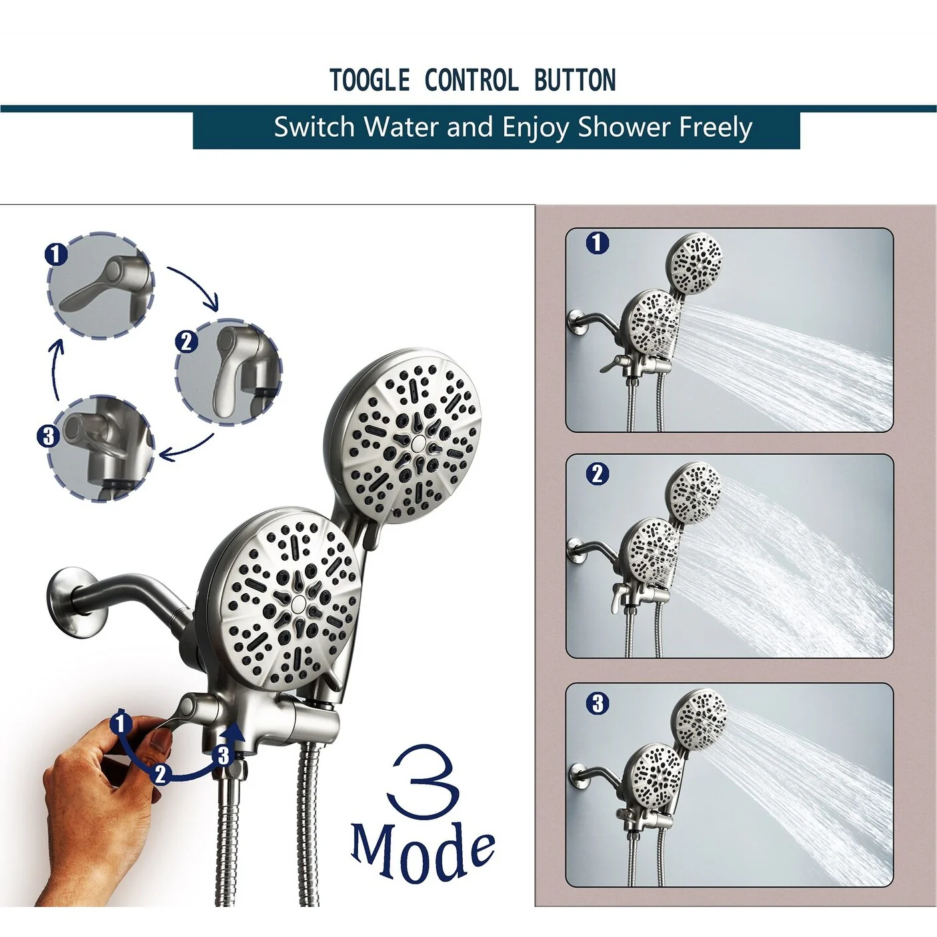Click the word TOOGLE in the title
370,80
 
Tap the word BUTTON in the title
576,80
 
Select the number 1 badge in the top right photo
598,243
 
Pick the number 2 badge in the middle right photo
598,474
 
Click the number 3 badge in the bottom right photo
598,703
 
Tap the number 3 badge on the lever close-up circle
48,435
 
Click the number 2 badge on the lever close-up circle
187,342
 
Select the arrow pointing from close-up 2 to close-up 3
187,448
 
